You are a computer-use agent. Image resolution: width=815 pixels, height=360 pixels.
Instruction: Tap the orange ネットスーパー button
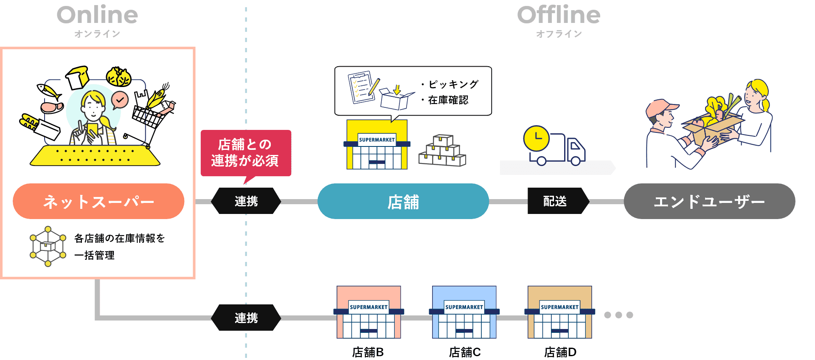click(x=98, y=201)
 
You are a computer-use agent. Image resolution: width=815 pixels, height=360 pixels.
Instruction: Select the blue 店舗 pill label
click(x=403, y=201)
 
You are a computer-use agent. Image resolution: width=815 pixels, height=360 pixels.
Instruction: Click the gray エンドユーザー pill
click(x=709, y=201)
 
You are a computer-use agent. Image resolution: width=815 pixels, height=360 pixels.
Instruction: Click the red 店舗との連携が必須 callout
click(x=245, y=153)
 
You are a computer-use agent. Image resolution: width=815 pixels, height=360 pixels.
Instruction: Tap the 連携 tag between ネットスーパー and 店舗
click(x=246, y=201)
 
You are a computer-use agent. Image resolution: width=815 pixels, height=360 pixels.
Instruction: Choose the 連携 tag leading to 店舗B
click(x=246, y=318)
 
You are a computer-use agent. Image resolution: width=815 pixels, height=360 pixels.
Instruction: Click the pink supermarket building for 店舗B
click(x=368, y=312)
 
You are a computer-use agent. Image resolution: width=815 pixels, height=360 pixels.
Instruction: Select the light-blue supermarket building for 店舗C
click(x=464, y=312)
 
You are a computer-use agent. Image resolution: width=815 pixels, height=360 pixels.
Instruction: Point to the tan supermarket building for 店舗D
click(x=559, y=312)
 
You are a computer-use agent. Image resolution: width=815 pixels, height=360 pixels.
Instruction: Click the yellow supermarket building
click(x=377, y=145)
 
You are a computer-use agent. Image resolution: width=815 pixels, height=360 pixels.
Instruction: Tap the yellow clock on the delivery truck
click(x=537, y=138)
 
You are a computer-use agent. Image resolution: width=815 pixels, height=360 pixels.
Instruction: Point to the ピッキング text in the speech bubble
click(x=453, y=84)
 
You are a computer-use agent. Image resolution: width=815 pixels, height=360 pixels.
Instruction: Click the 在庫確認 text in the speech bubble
click(x=448, y=100)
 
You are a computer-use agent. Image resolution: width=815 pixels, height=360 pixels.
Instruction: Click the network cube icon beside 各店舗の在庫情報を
click(x=48, y=246)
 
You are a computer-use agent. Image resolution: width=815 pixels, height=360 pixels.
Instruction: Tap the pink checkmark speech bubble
click(x=120, y=100)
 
